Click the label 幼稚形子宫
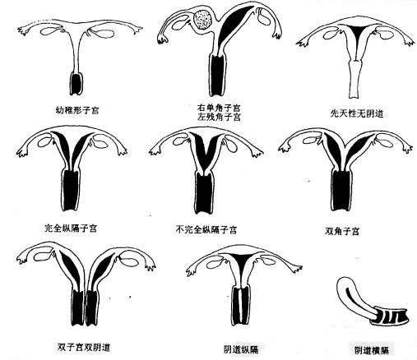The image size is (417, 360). (x=77, y=110)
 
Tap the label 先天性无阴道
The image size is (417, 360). (x=357, y=113)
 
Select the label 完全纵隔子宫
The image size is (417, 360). (x=71, y=228)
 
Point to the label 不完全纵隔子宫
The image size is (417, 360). (x=206, y=229)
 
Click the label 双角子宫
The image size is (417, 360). (x=342, y=231)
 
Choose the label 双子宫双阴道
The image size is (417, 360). (x=84, y=348)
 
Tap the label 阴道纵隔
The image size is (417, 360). (x=241, y=349)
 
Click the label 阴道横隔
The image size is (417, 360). (x=372, y=350)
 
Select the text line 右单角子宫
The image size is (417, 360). (x=219, y=107)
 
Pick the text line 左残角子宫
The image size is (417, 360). (x=219, y=117)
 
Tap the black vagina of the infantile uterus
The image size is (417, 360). (x=76, y=84)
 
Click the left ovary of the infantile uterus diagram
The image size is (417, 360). (x=50, y=30)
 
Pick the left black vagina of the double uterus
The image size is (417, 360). (x=78, y=307)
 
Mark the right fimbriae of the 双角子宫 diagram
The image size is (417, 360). (x=407, y=148)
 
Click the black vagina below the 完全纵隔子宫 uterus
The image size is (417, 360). (x=71, y=190)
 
